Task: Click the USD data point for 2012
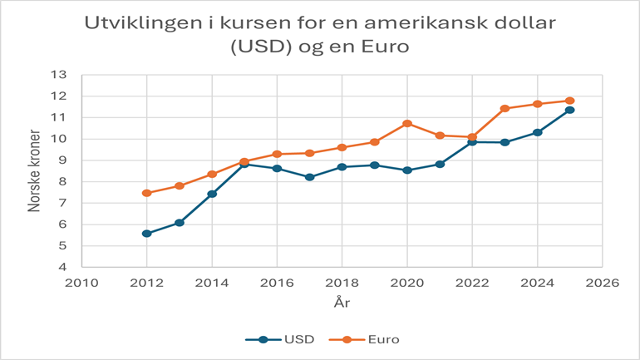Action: pyautogui.click(x=146, y=234)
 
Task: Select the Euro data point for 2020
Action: pyautogui.click(x=407, y=124)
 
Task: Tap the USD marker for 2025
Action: pyautogui.click(x=570, y=110)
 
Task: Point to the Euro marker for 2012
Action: pyautogui.click(x=146, y=193)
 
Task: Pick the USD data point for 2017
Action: pyautogui.click(x=309, y=177)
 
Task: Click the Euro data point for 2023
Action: pyautogui.click(x=505, y=108)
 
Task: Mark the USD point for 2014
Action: pyautogui.click(x=212, y=194)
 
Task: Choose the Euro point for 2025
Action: pyautogui.click(x=570, y=101)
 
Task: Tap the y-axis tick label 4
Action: pyautogui.click(x=62, y=268)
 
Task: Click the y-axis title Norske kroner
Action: pyautogui.click(x=35, y=170)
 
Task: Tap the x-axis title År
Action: pyautogui.click(x=342, y=303)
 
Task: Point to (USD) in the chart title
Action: pyautogui.click(x=262, y=47)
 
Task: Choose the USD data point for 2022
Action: pyautogui.click(x=472, y=142)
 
